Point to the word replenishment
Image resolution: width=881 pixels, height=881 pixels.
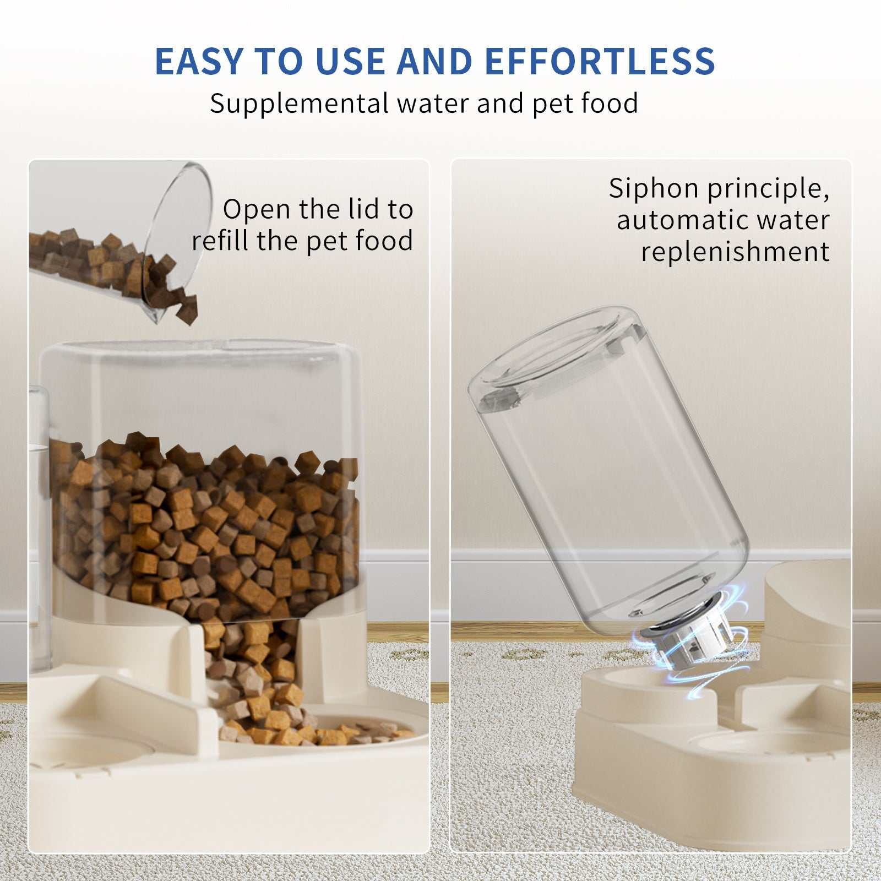(735, 252)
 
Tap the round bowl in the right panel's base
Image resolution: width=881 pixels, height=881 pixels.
(771, 741)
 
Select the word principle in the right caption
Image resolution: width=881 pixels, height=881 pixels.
(768, 189)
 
